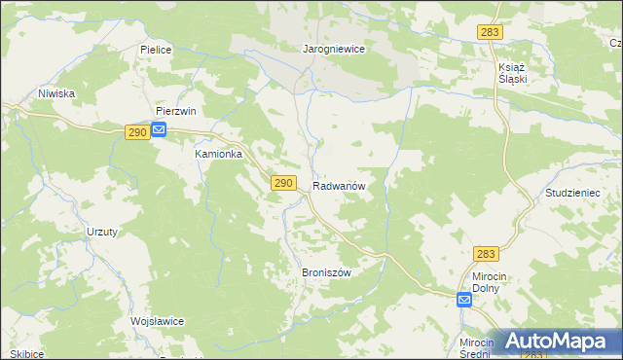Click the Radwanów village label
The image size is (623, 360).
(x=339, y=185)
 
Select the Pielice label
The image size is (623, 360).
(x=156, y=48)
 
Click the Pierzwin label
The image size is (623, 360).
(x=176, y=111)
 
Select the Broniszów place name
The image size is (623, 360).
(x=326, y=272)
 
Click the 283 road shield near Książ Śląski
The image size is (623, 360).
(x=490, y=33)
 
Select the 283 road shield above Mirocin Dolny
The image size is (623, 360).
(x=488, y=254)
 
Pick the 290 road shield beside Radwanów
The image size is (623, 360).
(x=282, y=183)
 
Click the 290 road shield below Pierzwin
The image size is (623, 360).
(x=136, y=131)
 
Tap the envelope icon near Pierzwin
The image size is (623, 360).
(x=159, y=130)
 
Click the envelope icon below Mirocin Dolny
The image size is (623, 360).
(x=464, y=300)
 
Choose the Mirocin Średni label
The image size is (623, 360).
(x=478, y=349)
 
